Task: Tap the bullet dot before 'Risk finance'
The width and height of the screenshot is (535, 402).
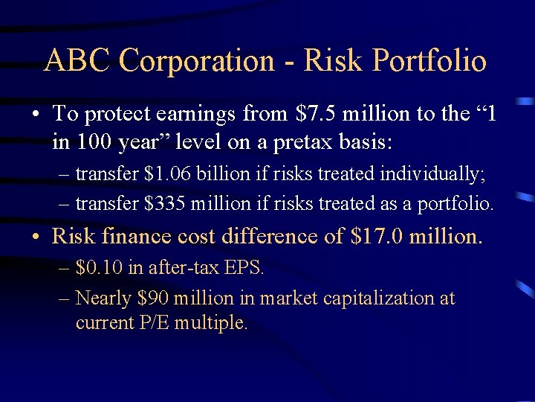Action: click(x=36, y=237)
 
